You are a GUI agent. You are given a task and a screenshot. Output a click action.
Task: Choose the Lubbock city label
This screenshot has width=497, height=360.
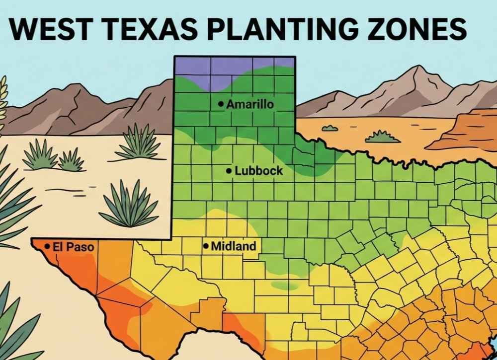coord(258,171)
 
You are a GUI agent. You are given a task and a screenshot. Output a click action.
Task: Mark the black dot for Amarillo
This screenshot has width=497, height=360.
coord(220,104)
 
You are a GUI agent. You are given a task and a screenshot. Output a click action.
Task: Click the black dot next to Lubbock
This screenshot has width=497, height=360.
coord(229,171)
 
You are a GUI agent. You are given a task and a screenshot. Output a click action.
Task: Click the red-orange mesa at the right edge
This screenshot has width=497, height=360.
coord(467,132)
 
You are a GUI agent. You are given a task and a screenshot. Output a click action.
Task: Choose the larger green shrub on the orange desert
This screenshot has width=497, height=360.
coord(382,137)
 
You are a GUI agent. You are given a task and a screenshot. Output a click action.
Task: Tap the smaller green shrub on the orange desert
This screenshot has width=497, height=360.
coord(330,128)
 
